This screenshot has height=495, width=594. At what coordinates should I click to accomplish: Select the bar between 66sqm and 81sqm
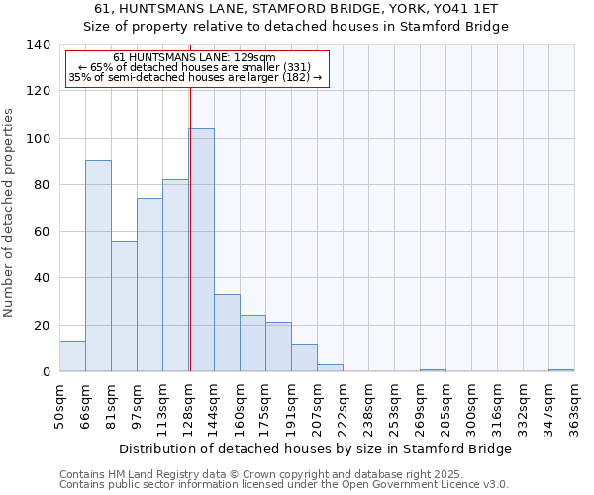[x=98, y=266]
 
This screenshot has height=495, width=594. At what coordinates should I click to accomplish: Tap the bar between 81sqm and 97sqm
[x=124, y=306]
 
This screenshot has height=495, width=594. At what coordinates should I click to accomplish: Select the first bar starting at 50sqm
[x=72, y=356]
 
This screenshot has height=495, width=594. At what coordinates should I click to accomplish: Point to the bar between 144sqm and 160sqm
[x=227, y=333]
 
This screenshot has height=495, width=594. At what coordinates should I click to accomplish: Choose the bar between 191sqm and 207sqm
[x=304, y=357]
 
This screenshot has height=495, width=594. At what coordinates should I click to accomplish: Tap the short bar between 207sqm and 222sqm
[x=330, y=368]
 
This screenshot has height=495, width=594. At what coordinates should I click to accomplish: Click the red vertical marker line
[x=189, y=228]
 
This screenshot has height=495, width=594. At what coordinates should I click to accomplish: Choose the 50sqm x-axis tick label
[x=59, y=401]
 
